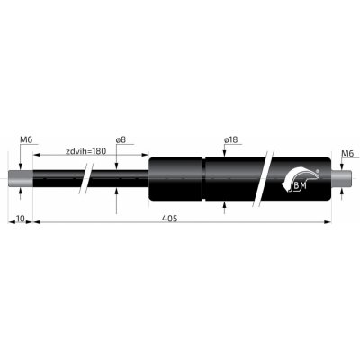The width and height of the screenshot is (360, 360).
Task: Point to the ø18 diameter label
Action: coord(231,140)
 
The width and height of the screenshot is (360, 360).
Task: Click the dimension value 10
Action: coord(20,219)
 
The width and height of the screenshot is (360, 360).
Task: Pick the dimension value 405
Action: coord(169,219)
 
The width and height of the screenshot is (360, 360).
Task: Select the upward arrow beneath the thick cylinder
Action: coord(225,206)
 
